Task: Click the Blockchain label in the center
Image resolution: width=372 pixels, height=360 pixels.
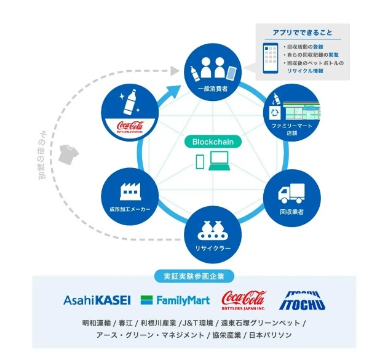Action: click(213, 141)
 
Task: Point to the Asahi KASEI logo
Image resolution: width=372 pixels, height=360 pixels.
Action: click(97, 300)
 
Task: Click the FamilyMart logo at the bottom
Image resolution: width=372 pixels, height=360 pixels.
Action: click(175, 300)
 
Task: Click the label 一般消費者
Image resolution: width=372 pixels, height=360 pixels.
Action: click(213, 89)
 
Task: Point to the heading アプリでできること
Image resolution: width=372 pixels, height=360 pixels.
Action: click(302, 32)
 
